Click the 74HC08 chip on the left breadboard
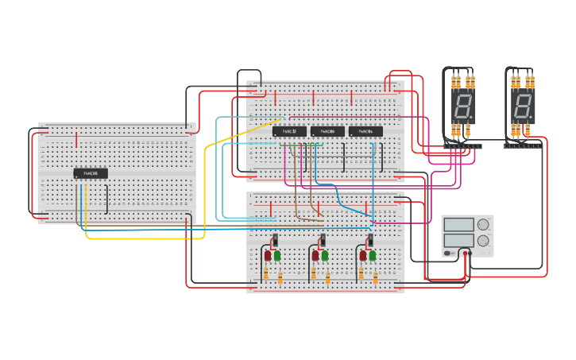91,173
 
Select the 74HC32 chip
289,131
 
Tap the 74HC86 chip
327,131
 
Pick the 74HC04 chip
365,131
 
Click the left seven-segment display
462,105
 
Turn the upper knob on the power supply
483,225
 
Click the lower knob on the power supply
483,241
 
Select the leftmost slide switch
275,240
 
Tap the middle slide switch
323,240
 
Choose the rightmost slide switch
370,240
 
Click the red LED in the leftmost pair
268,256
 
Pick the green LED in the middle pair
325,256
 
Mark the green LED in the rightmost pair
373,256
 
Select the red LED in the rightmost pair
363,256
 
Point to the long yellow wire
204,191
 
